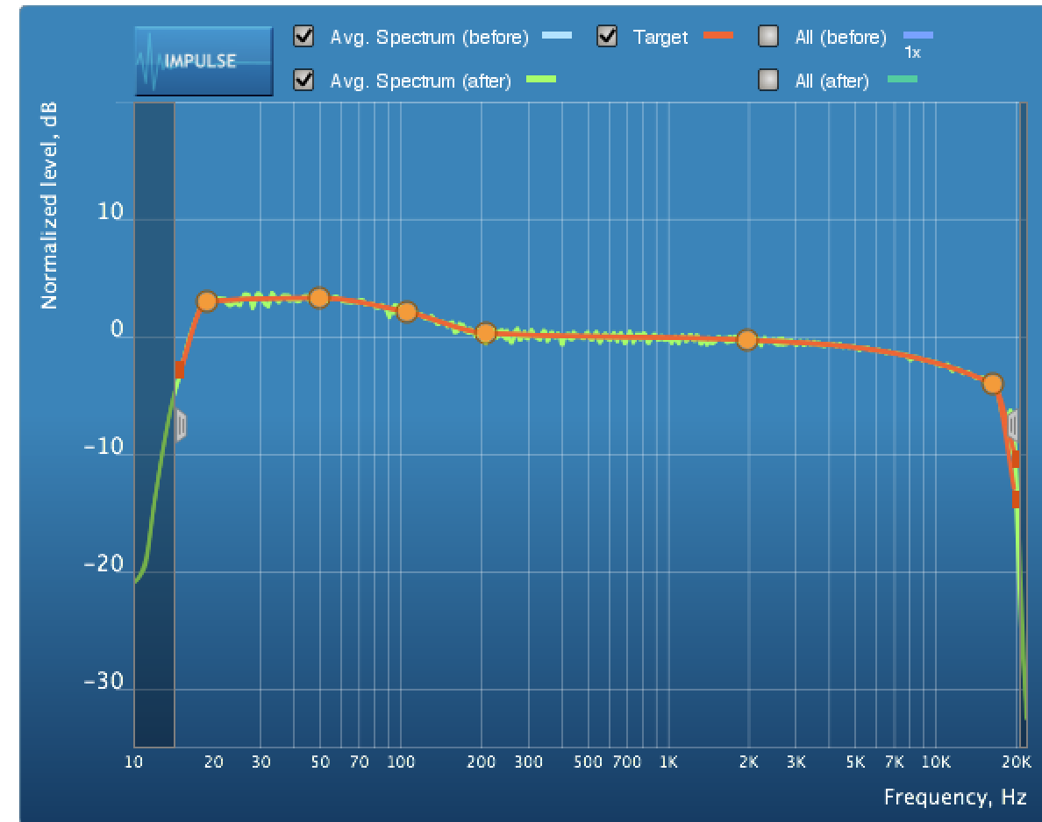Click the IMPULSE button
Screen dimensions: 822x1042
point(203,60)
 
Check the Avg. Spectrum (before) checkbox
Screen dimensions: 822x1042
point(304,37)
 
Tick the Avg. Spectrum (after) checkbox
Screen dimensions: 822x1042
point(304,81)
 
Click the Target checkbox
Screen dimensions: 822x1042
point(607,37)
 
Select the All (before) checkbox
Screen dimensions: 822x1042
point(768,37)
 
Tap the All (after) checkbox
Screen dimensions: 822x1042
point(768,81)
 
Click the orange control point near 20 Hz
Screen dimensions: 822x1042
point(207,301)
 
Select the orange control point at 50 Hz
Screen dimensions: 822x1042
point(319,298)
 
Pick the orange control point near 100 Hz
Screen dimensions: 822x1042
point(406,312)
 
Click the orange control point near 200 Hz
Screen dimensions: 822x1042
point(486,333)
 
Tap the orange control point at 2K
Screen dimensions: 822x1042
point(747,340)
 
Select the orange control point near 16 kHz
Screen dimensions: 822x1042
point(993,384)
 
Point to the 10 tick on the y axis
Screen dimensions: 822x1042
point(109,214)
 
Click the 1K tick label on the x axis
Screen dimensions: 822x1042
point(668,762)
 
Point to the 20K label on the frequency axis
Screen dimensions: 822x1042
point(1017,762)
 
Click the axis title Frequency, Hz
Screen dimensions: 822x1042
point(955,797)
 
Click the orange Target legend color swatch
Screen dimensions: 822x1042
point(717,36)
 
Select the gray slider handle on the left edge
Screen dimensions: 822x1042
point(180,425)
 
